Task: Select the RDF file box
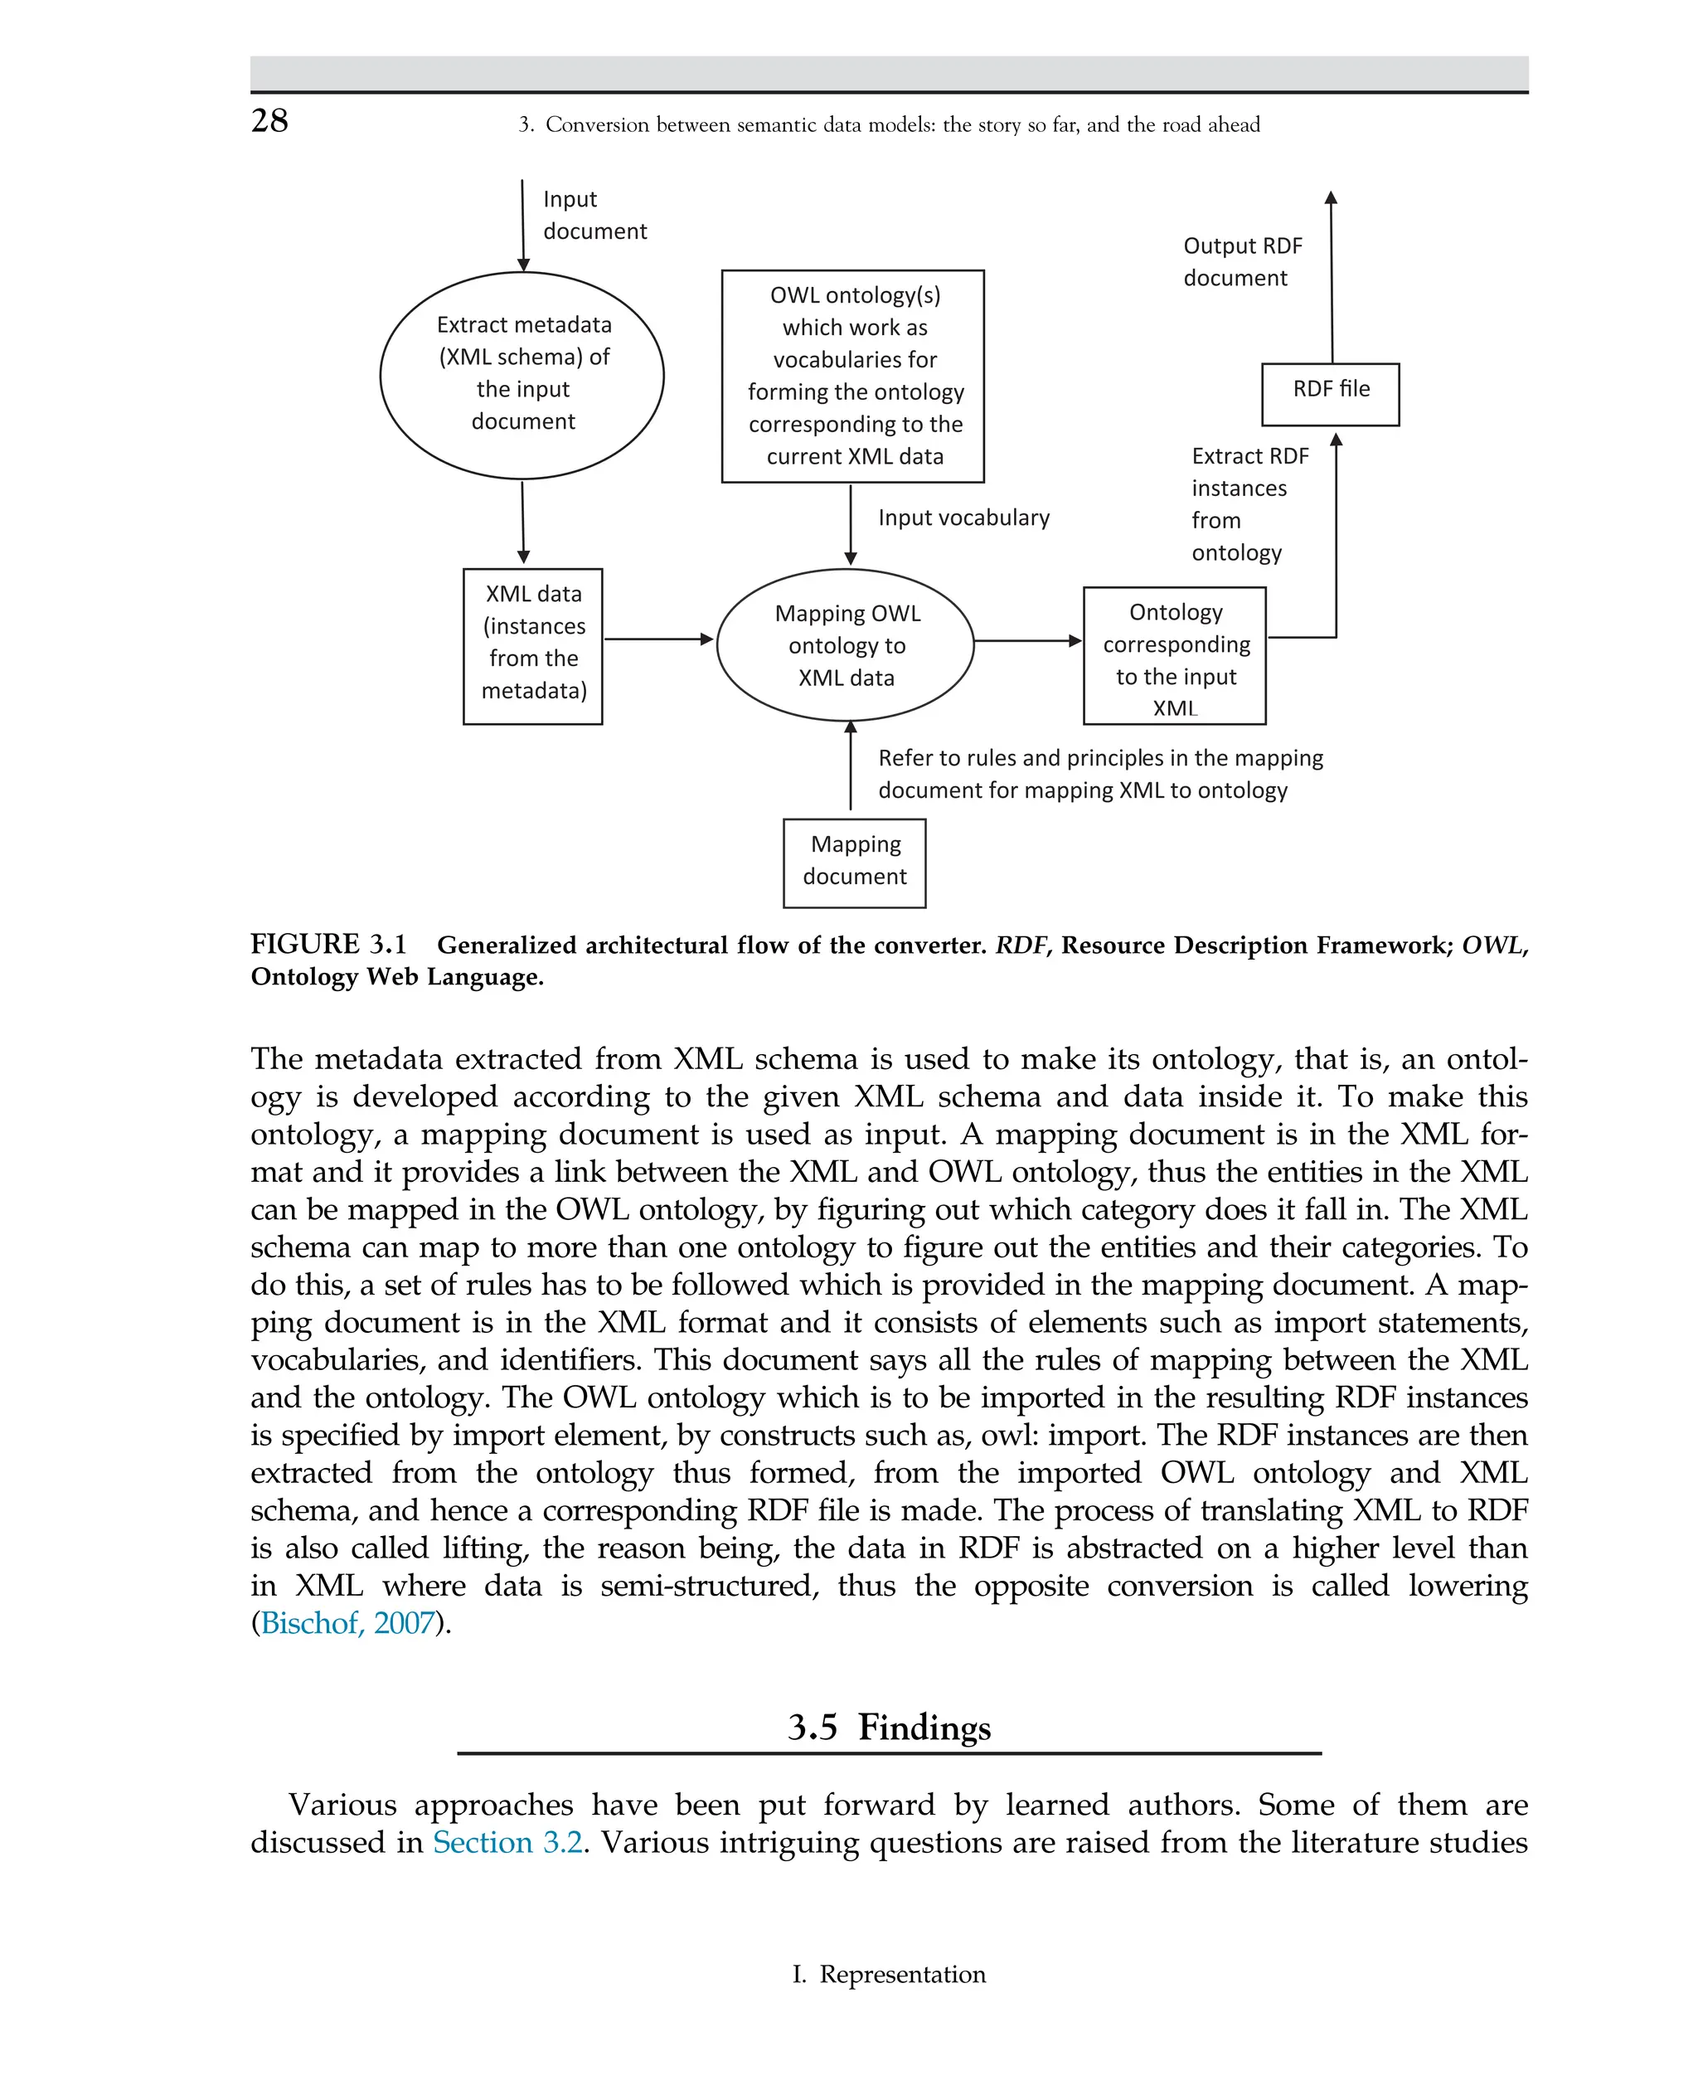(x=1329, y=393)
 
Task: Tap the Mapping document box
(x=854, y=862)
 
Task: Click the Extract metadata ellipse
(x=522, y=375)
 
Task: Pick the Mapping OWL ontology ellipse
(x=845, y=645)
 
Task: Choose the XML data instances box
(x=532, y=645)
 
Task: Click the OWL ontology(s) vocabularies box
(x=853, y=376)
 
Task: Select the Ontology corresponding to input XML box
(x=1174, y=654)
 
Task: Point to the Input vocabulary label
(x=963, y=518)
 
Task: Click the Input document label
(x=593, y=216)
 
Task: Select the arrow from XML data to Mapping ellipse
(x=658, y=639)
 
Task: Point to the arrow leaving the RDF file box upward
(x=1332, y=279)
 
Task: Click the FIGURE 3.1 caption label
(x=327, y=945)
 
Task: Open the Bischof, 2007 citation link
(x=347, y=1623)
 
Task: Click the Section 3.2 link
(x=507, y=1843)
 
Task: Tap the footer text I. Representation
(x=888, y=1975)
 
